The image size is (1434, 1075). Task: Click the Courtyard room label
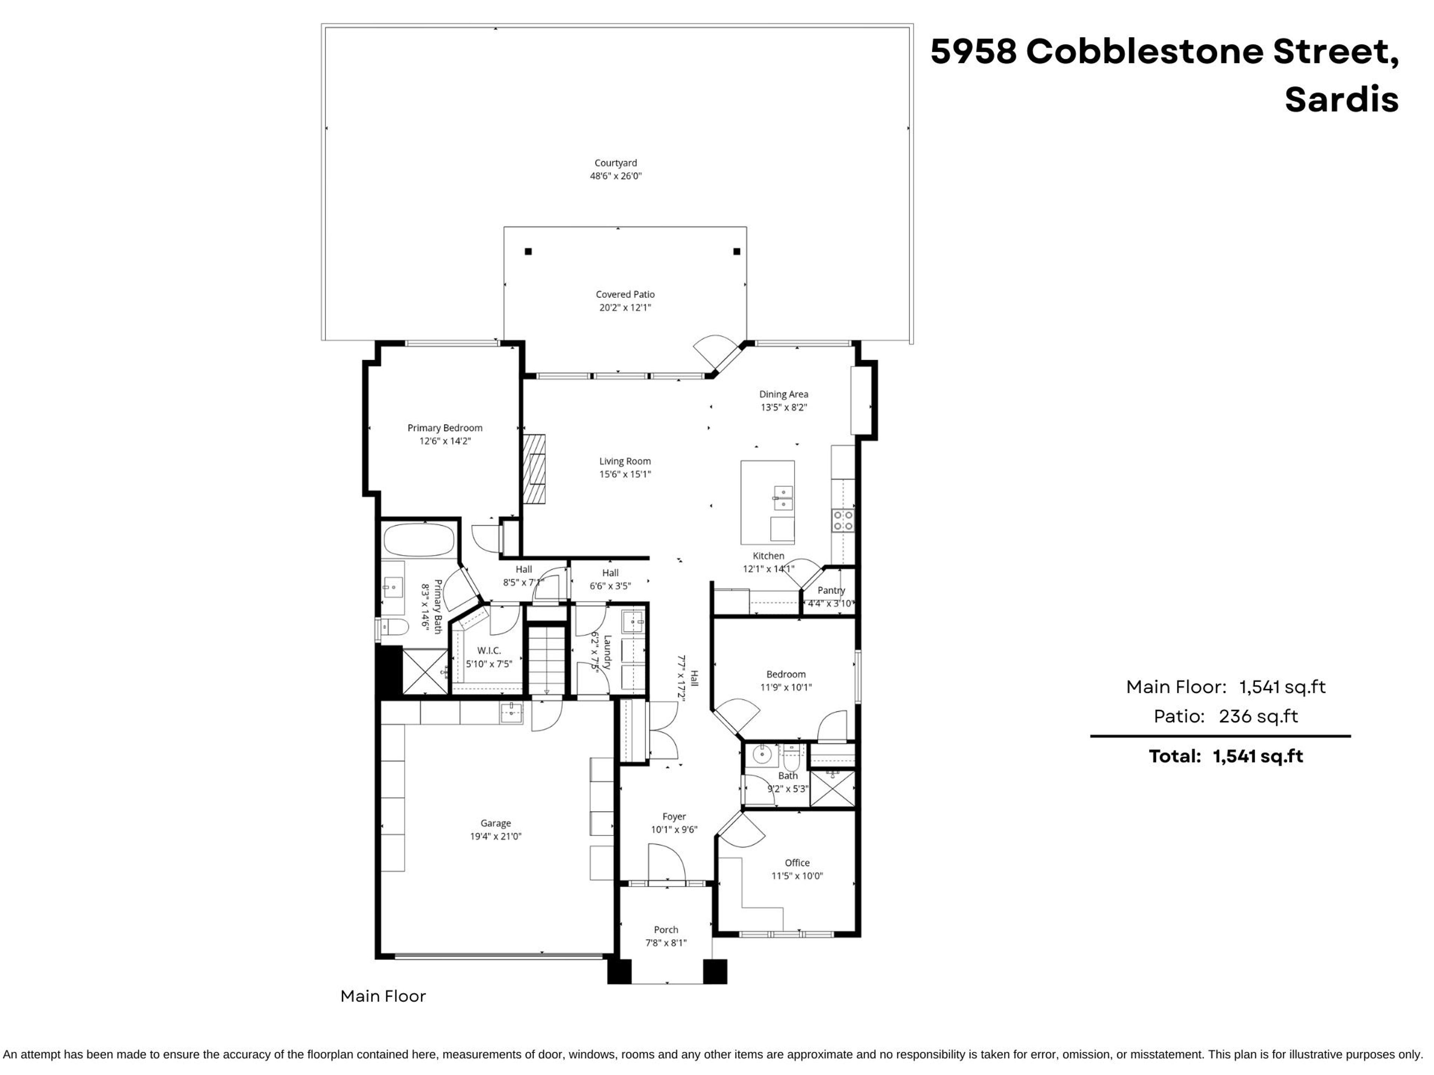615,163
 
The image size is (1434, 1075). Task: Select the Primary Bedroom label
445,428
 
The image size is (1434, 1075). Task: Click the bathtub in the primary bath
419,540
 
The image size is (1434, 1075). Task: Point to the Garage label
495,823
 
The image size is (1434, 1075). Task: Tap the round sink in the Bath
762,754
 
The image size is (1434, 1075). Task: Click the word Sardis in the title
1341,100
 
